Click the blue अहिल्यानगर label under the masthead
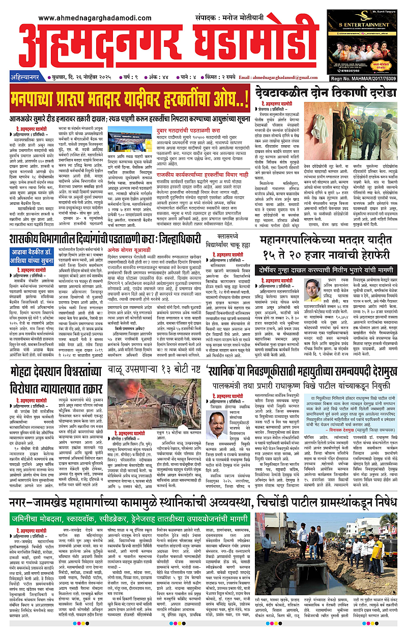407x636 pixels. pyautogui.click(x=25, y=77)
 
